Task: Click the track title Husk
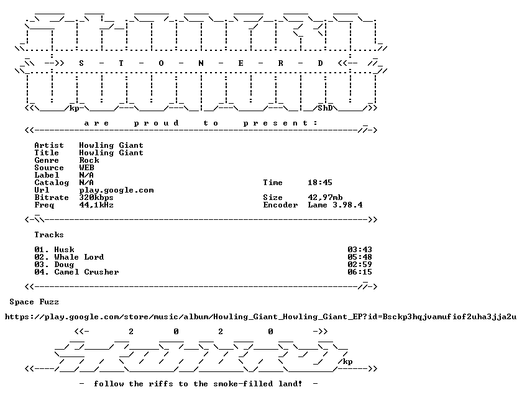(x=64, y=250)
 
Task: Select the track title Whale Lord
(x=80, y=257)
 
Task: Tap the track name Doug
(x=64, y=265)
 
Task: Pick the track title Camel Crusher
(x=86, y=272)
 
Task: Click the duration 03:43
(x=360, y=250)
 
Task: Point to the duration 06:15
(x=360, y=272)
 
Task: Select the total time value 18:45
(x=320, y=183)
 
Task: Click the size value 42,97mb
(x=325, y=197)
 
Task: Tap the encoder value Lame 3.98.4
(x=335, y=205)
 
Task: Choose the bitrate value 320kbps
(x=96, y=197)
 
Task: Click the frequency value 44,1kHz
(x=96, y=205)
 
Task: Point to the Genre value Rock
(x=89, y=160)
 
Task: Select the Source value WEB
(x=86, y=168)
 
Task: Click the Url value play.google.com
(x=117, y=190)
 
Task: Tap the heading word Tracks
(x=49, y=235)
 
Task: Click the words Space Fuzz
(x=34, y=302)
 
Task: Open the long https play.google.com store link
(x=260, y=317)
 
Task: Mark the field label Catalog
(x=52, y=183)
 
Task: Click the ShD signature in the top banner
(x=325, y=108)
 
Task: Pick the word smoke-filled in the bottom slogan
(x=243, y=384)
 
